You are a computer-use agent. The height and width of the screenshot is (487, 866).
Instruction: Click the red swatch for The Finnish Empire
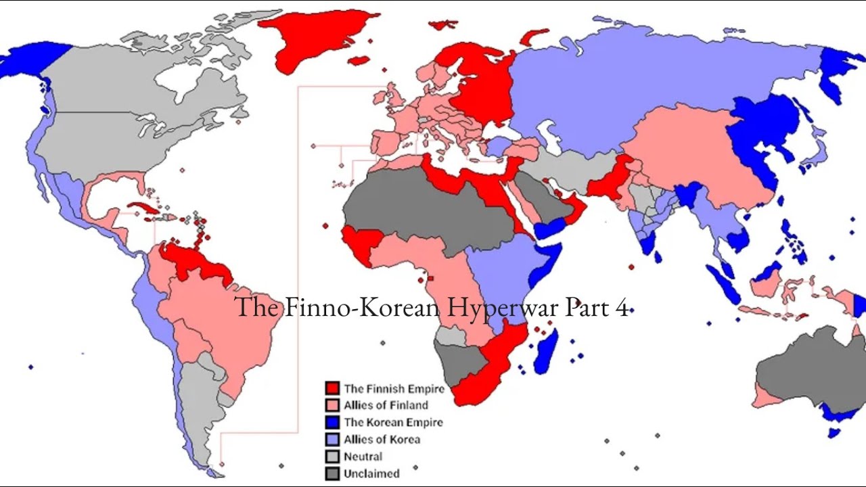(x=332, y=388)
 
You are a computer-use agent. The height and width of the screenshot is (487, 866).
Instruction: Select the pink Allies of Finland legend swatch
(x=332, y=405)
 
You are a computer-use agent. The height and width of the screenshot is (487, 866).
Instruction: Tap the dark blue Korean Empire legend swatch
(x=332, y=422)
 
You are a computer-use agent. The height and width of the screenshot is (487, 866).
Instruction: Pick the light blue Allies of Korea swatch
(x=332, y=439)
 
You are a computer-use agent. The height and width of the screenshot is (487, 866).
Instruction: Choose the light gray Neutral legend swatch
(x=332, y=457)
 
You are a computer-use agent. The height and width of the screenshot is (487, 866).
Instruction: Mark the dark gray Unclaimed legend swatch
(x=332, y=473)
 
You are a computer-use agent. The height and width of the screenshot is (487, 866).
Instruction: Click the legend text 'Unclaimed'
(x=371, y=473)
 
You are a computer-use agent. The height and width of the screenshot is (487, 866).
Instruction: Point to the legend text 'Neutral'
(x=363, y=457)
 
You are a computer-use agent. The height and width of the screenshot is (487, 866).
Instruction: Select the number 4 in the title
(x=622, y=308)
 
